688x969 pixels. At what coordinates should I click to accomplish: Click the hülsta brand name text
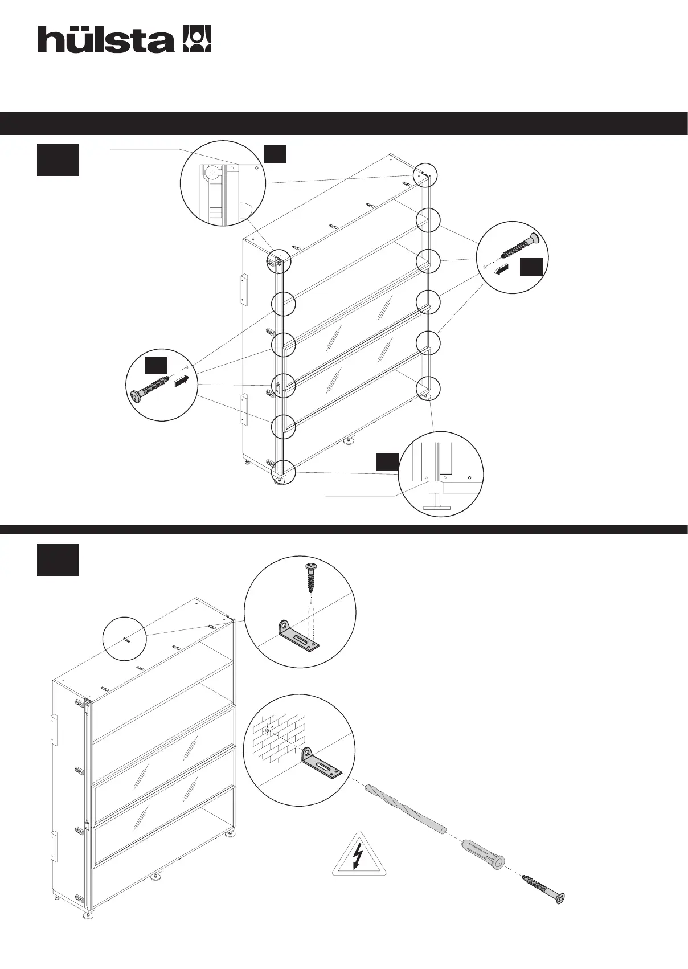(106, 40)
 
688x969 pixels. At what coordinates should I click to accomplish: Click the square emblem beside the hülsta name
(196, 39)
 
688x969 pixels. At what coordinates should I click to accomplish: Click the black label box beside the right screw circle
(531, 267)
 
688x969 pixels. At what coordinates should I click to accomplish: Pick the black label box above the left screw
(156, 365)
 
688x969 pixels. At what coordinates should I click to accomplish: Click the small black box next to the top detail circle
(275, 153)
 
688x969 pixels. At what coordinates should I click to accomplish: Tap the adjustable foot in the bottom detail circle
(437, 500)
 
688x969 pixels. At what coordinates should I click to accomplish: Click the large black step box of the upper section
(58, 160)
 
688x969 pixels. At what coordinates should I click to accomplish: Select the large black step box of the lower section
(58, 560)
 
